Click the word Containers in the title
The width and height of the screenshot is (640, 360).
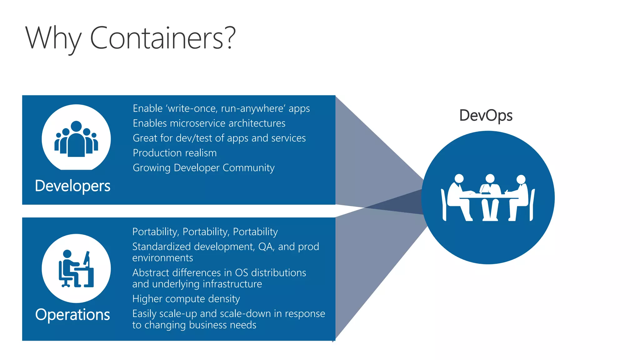156,38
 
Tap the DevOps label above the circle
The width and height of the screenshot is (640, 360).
486,116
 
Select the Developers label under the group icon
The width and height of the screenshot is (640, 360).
72,186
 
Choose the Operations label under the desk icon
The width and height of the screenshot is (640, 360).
72,314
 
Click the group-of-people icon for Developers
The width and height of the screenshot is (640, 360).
76,139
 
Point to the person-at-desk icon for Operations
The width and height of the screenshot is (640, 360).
76,269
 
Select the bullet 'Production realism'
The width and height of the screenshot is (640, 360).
175,153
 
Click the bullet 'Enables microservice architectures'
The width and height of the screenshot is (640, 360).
209,123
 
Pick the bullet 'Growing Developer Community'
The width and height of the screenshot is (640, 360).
203,168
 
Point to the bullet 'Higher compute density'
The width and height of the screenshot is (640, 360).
186,299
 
